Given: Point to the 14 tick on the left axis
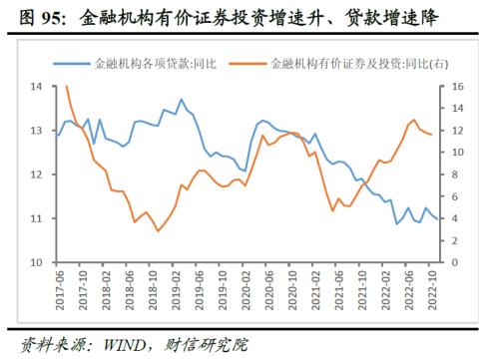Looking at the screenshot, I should (36, 88).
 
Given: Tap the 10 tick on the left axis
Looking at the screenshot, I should (36, 262).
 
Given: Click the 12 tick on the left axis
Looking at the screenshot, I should (36, 175).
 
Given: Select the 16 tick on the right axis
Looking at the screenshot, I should (457, 88).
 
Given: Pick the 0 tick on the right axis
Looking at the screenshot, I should (454, 262).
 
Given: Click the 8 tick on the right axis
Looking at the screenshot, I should (454, 175).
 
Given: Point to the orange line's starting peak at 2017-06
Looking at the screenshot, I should (66, 87).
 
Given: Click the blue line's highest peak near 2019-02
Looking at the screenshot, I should (181, 99).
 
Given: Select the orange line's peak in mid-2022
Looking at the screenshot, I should (413, 120).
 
